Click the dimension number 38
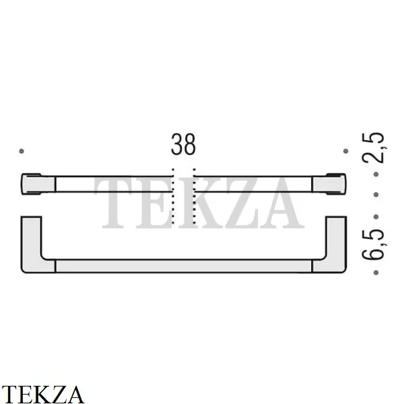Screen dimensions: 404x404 (183, 144)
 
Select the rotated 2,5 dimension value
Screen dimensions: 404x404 (373, 148)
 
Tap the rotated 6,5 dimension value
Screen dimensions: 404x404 (373, 244)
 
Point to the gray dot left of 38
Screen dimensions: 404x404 (22, 151)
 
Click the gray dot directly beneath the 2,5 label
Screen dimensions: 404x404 (376, 174)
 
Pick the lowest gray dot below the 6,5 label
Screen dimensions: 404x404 (376, 272)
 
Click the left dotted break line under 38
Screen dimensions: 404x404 (173, 197)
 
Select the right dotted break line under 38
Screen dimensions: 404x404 (195, 197)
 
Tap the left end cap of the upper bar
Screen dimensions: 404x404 (38, 184)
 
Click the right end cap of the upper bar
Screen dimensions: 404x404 (329, 184)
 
